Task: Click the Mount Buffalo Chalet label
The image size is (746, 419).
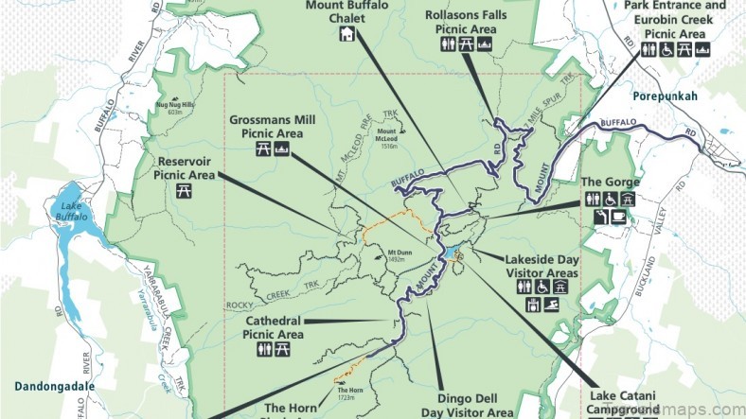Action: pyautogui.click(x=346, y=13)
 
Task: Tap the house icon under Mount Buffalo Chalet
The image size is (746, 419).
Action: pyautogui.click(x=346, y=35)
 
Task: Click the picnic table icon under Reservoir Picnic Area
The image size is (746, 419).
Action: pyautogui.click(x=185, y=189)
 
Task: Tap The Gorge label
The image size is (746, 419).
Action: pyautogui.click(x=611, y=182)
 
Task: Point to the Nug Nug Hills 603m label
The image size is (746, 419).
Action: pyautogui.click(x=174, y=107)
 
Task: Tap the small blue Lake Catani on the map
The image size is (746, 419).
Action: pyautogui.click(x=453, y=252)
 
